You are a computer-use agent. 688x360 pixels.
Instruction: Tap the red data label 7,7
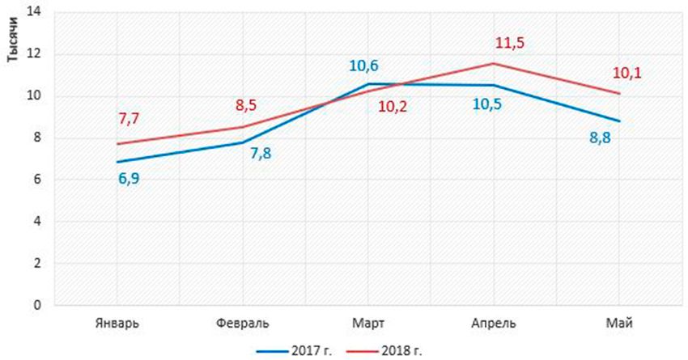pyautogui.click(x=129, y=119)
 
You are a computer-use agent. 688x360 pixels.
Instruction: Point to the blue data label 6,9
pyautogui.click(x=129, y=176)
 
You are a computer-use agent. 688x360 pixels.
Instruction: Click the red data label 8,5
pyautogui.click(x=246, y=104)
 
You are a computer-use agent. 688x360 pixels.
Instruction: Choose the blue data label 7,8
pyautogui.click(x=259, y=154)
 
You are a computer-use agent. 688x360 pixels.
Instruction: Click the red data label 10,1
pyautogui.click(x=626, y=74)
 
